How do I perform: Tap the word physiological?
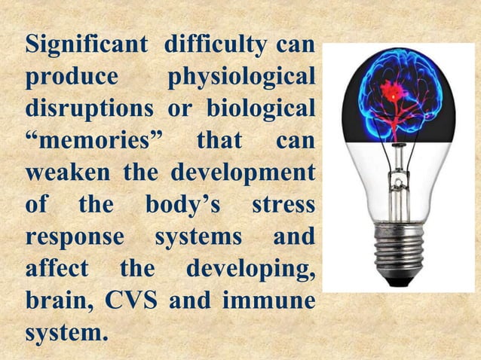point(240,78)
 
